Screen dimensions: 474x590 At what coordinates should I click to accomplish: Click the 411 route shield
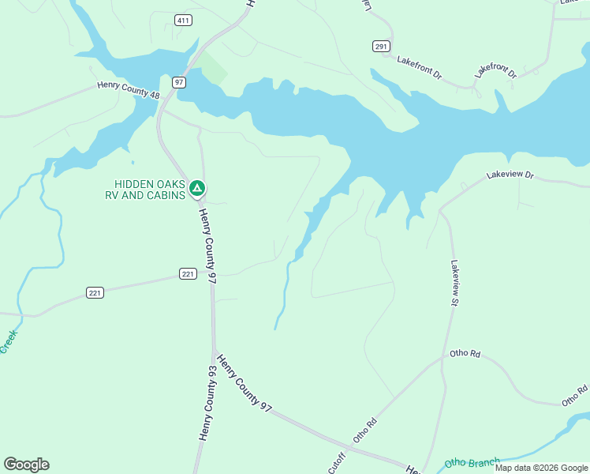pyautogui.click(x=183, y=20)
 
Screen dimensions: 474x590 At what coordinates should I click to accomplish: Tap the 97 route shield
pyautogui.click(x=179, y=82)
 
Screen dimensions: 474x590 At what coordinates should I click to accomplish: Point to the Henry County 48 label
pyautogui.click(x=129, y=90)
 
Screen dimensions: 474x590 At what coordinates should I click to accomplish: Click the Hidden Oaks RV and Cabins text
pyautogui.click(x=149, y=190)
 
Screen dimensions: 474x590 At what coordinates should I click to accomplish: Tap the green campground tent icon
pyautogui.click(x=198, y=188)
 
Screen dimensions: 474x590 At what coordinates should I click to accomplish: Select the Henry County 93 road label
pyautogui.click(x=207, y=403)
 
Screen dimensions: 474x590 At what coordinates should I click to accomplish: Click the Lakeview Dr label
pyautogui.click(x=510, y=175)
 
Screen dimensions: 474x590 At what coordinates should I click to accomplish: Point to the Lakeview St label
pyautogui.click(x=455, y=284)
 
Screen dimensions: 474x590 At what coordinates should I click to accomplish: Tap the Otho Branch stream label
pyautogui.click(x=472, y=463)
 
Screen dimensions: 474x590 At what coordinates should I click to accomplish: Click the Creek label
pyautogui.click(x=9, y=341)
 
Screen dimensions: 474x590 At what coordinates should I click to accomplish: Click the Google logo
pyautogui.click(x=26, y=465)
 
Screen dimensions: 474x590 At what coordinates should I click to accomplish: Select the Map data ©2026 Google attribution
pyautogui.click(x=541, y=468)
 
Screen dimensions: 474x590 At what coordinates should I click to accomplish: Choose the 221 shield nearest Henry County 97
pyautogui.click(x=188, y=274)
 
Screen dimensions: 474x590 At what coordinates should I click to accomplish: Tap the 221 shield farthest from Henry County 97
pyautogui.click(x=95, y=293)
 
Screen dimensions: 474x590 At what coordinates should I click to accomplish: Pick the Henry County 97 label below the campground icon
pyautogui.click(x=207, y=246)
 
